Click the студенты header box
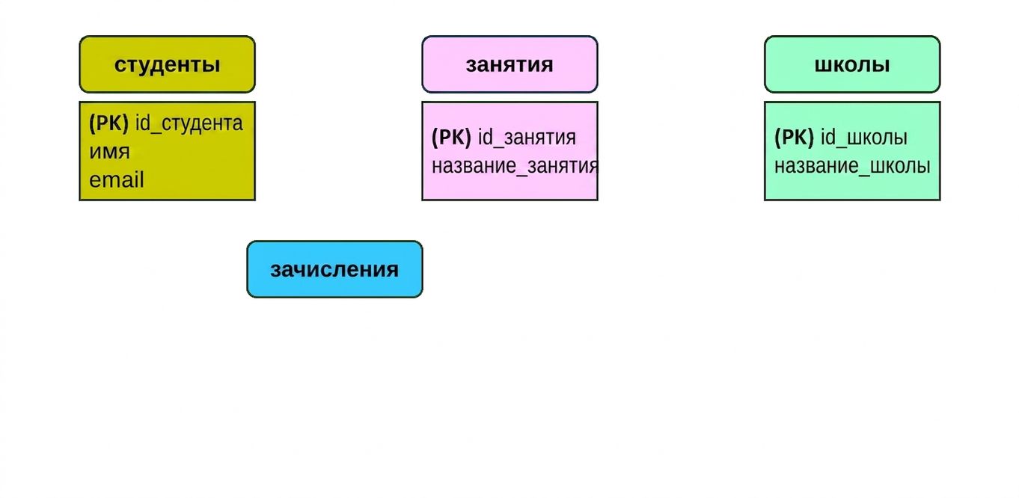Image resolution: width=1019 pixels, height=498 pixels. pos(168,64)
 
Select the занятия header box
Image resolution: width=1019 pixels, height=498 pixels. pos(509,64)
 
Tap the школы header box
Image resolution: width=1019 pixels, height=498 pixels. pos(852,64)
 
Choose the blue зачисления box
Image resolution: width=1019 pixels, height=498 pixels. pos(335,269)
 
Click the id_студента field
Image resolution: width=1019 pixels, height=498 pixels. pos(189,123)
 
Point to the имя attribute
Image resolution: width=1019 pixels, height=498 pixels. pos(109,152)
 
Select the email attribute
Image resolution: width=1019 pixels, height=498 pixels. pos(117,179)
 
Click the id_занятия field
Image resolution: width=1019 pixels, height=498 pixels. pos(527,138)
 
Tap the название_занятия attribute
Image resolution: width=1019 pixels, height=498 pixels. pos(515,166)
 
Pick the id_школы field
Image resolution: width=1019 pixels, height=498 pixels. pos(864,138)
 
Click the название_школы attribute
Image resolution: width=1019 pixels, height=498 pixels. pos(852,166)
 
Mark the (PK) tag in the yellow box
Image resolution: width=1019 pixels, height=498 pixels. pos(108,123)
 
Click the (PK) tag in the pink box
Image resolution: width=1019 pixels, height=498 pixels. pos(451,138)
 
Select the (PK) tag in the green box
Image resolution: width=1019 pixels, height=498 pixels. pos(794,138)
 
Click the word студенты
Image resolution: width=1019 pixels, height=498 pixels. pos(168,64)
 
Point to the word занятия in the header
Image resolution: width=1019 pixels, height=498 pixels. pos(509,64)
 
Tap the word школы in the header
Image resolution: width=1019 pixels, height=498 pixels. pos(852,64)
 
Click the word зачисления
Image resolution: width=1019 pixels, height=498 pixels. pos(335,270)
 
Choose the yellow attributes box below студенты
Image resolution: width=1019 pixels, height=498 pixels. pos(168,151)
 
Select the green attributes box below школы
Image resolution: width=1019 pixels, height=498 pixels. pos(852,151)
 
